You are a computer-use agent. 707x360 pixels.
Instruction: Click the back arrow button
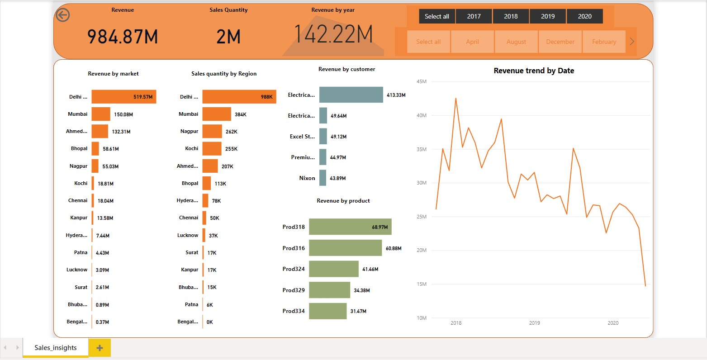click(x=63, y=15)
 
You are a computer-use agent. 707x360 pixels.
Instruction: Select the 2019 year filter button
click(x=548, y=16)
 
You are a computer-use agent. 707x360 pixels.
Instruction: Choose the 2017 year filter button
click(x=474, y=16)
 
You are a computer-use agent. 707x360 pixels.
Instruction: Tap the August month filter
click(x=516, y=42)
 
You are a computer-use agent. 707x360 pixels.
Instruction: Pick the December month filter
click(x=560, y=42)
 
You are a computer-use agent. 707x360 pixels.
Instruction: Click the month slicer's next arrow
click(x=632, y=42)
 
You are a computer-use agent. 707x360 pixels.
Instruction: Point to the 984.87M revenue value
click(x=123, y=37)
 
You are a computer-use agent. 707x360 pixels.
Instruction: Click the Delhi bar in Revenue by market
click(x=123, y=97)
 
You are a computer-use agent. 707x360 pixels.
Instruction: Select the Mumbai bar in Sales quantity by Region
click(x=217, y=114)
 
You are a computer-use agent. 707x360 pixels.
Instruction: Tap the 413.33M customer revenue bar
click(x=351, y=95)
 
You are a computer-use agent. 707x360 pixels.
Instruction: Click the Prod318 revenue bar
click(x=350, y=227)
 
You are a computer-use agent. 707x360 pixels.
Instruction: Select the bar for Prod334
click(x=327, y=311)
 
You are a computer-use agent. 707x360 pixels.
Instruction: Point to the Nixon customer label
click(x=307, y=178)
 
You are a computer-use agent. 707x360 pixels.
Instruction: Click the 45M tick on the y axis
click(x=422, y=82)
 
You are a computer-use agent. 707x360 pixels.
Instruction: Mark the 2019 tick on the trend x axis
click(x=535, y=323)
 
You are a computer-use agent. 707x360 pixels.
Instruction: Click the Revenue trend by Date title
click(x=534, y=71)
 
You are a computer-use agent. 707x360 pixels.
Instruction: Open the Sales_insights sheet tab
click(x=56, y=348)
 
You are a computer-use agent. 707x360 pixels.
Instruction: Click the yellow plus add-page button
click(x=100, y=348)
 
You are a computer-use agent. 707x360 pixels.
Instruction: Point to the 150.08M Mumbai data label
click(x=123, y=114)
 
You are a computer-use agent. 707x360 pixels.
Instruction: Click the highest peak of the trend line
click(x=456, y=98)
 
